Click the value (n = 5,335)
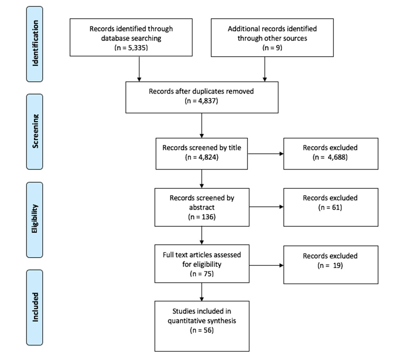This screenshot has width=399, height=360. [x=131, y=48]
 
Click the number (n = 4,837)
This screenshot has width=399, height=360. [x=201, y=101]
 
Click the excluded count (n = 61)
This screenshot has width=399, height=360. [x=330, y=207]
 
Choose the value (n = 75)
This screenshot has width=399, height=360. [x=202, y=274]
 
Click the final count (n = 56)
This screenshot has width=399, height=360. [x=202, y=331]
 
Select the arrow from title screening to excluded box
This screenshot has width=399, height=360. [x=266, y=154]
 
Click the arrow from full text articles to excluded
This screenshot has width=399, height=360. [x=266, y=265]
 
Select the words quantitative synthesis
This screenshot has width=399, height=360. [x=202, y=321]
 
